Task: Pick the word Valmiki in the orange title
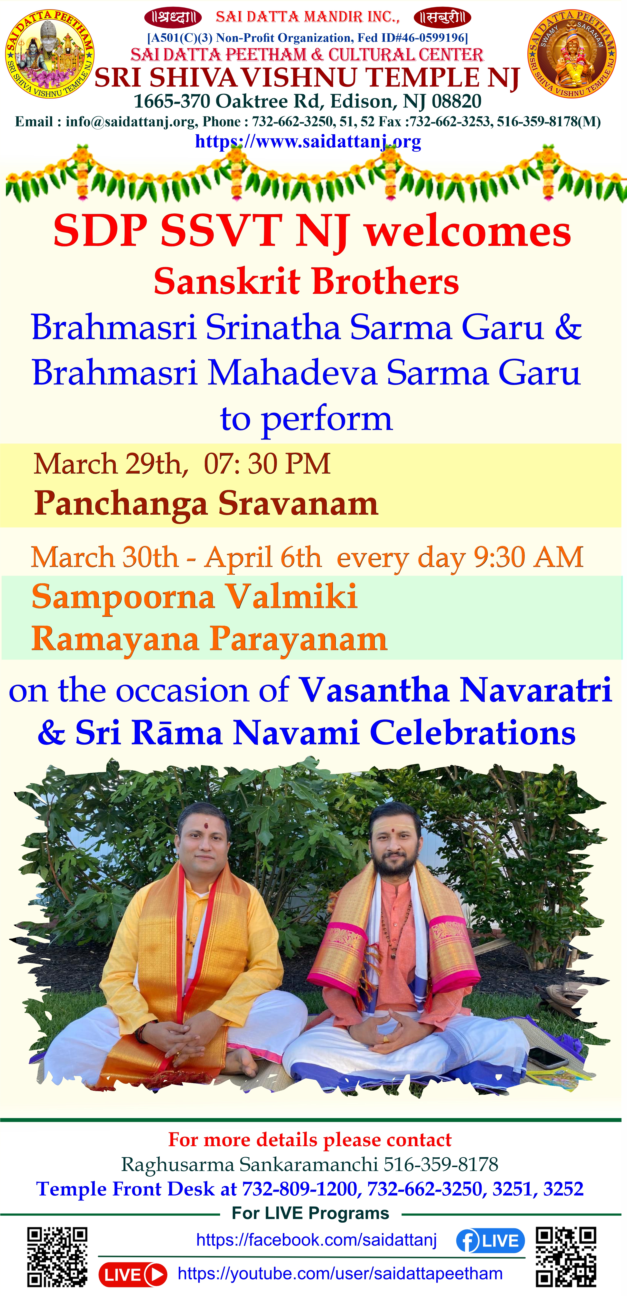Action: (x=291, y=597)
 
